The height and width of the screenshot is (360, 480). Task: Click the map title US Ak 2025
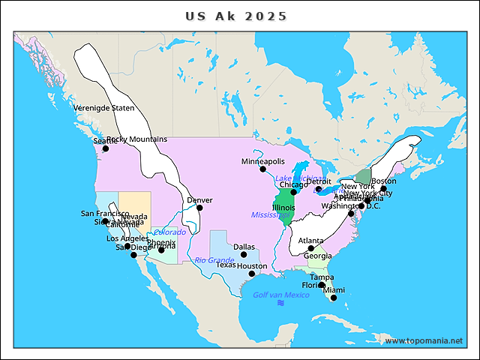[236, 16]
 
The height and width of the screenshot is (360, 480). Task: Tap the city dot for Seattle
[106, 148]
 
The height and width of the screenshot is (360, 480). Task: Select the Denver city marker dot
[199, 208]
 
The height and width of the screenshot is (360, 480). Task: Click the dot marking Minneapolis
[262, 169]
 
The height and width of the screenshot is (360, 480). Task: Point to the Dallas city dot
[244, 254]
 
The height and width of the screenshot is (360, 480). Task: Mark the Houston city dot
[252, 274]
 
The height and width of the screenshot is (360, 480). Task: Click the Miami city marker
[334, 298]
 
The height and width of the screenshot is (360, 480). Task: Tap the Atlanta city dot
[311, 248]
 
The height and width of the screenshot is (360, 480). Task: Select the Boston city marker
[383, 189]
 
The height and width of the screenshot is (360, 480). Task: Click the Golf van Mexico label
[280, 295]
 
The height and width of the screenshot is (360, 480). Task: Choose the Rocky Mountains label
[137, 139]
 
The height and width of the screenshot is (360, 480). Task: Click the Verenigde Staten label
[104, 108]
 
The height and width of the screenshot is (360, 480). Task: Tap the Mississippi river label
[271, 215]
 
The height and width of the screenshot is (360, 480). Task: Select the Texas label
[226, 265]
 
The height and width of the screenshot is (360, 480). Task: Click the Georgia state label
[317, 256]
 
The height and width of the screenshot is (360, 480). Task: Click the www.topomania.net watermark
[424, 340]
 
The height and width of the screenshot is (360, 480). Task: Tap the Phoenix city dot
[161, 250]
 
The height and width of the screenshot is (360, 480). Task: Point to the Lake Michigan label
[299, 178]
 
